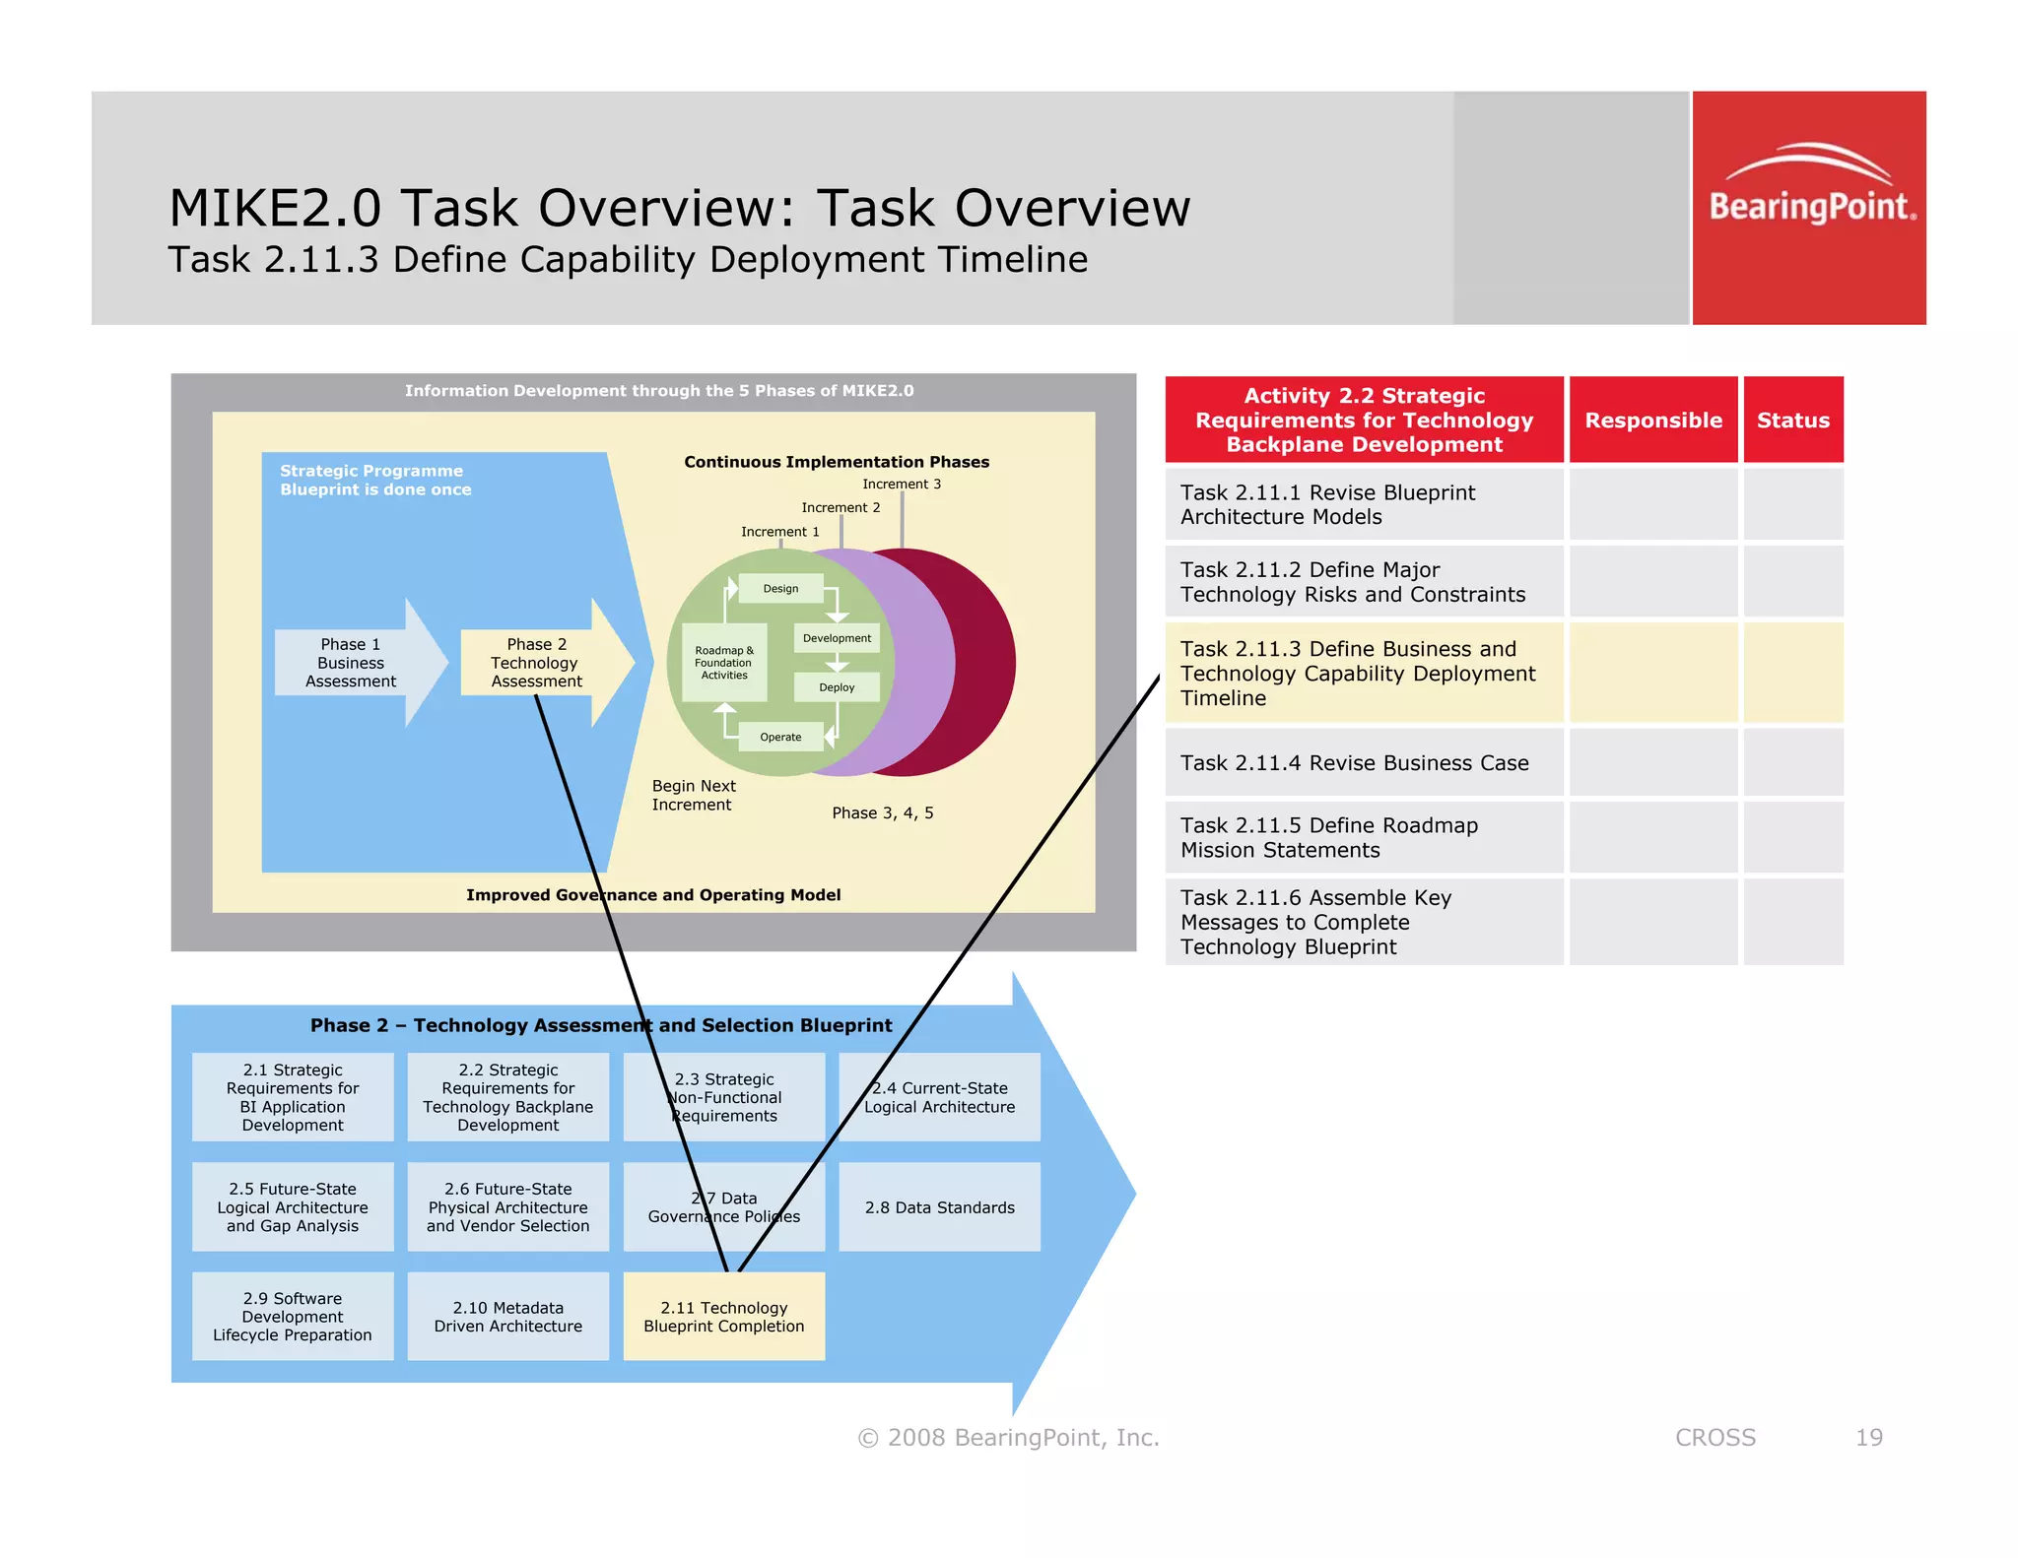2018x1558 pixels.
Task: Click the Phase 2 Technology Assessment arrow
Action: tap(538, 663)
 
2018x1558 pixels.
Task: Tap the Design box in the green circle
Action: tap(780, 589)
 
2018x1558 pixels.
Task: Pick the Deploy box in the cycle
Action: tap(837, 687)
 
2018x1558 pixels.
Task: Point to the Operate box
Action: tap(780, 737)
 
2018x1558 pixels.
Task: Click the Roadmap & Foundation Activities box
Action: tap(724, 663)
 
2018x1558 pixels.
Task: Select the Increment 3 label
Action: tap(901, 485)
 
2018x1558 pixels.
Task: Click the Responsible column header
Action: tap(1652, 421)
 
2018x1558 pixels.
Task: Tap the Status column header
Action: tap(1792, 421)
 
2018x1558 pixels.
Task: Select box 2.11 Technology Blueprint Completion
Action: tap(723, 1317)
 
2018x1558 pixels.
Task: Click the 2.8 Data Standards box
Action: tap(939, 1207)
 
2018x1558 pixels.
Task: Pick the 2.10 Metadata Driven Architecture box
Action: tap(507, 1317)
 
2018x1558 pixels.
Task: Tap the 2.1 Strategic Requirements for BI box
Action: tap(293, 1097)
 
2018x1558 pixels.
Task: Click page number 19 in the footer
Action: tap(1868, 1438)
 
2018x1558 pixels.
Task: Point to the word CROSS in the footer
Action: tap(1715, 1438)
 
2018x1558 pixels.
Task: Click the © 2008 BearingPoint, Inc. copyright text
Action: tap(1008, 1438)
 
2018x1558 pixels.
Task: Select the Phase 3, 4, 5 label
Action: tap(882, 813)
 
